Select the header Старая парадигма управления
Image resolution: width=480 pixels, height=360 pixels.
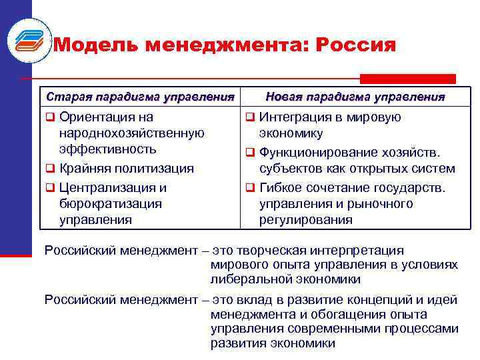point(140,97)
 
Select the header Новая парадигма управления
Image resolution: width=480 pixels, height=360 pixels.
point(355,97)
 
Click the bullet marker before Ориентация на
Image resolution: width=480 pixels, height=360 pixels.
point(49,118)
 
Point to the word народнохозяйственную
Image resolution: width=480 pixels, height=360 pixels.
point(131,133)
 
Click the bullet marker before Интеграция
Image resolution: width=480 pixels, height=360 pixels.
point(249,118)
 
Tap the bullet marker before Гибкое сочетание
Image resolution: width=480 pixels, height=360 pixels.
point(249,188)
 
